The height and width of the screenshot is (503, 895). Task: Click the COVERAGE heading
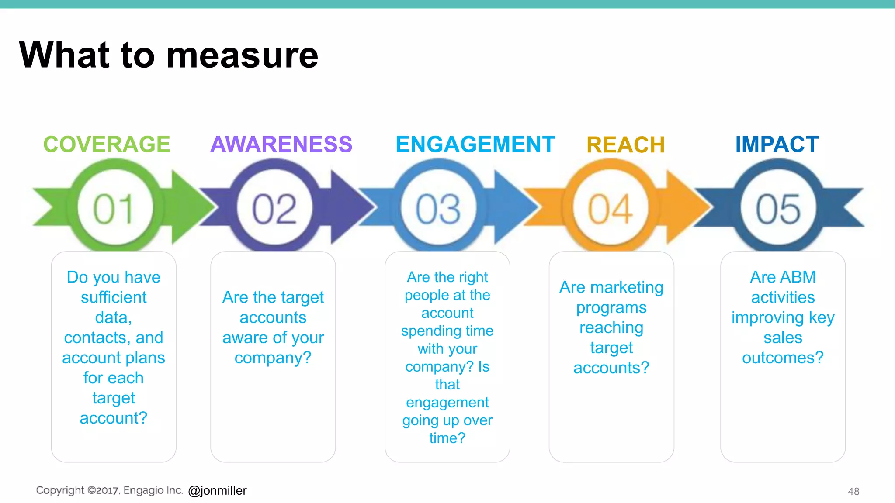coord(107,144)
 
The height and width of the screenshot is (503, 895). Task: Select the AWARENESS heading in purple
coord(281,144)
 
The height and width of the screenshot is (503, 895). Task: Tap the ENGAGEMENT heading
coord(475,144)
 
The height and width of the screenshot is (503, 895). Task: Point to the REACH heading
coord(625,145)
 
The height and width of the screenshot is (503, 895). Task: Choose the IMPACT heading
coord(777,144)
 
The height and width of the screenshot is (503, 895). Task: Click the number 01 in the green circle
coord(114,209)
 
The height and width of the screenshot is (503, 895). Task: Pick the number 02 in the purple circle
coord(274,209)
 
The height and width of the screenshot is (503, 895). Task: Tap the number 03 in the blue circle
coord(438,209)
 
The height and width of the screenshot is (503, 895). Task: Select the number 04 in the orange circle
coord(610,209)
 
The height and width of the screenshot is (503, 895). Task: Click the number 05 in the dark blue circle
coord(778,209)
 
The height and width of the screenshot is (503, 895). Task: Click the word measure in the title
coord(243,55)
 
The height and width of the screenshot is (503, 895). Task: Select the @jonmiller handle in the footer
coord(217,490)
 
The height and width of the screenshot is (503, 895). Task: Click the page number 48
coord(853,491)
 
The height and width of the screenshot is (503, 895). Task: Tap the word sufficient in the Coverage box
coord(114,297)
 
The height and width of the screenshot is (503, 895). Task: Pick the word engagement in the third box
coord(447,402)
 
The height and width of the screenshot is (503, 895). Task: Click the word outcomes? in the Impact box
coord(783,358)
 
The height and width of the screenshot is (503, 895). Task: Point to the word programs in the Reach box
coord(611,307)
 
